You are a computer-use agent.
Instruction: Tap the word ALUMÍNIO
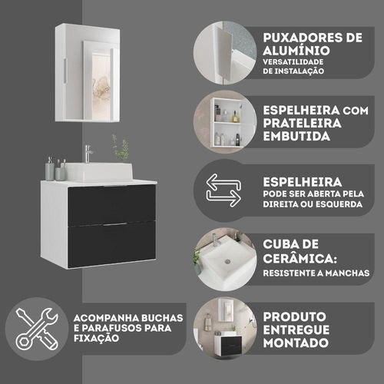tap(296, 50)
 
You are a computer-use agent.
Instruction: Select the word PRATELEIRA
tap(302, 123)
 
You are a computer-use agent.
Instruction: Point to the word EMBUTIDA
tap(296, 136)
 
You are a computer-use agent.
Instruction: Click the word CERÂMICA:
tap(300, 258)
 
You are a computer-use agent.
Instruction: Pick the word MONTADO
tap(296, 343)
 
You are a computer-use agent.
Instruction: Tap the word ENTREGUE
tap(296, 329)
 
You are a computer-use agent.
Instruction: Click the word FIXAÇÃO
tap(97, 338)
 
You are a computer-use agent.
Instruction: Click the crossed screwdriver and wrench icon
tap(37, 329)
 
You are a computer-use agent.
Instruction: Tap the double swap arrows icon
tap(223, 190)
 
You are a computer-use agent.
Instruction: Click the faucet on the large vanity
tap(88, 154)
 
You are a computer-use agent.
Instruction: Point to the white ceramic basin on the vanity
tap(98, 171)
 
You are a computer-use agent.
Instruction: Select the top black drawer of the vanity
tap(112, 204)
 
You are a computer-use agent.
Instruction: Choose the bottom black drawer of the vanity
tap(112, 243)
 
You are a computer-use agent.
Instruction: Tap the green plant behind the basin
tap(121, 148)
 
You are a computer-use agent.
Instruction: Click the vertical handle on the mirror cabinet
tap(65, 71)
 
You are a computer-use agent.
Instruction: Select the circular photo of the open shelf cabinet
tap(225, 122)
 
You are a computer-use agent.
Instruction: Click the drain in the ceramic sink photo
tap(227, 261)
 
